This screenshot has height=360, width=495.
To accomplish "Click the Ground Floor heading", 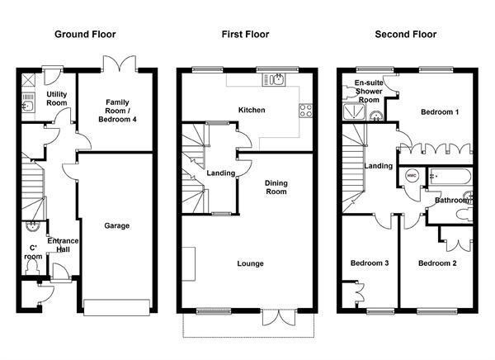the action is point(85,34).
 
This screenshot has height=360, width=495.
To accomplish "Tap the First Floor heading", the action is point(245,34).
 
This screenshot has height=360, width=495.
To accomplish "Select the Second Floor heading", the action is point(406,34).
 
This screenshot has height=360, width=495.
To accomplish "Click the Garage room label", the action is point(117,225).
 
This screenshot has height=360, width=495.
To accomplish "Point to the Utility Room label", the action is point(57,98).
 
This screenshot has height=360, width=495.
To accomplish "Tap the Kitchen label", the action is point(252,110).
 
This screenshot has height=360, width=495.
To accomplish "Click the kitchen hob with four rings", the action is point(305,111).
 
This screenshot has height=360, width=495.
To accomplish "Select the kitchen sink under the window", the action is point(274,79).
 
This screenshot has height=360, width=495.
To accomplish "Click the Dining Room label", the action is point(276,187).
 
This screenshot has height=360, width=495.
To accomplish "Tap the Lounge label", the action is point(250,263).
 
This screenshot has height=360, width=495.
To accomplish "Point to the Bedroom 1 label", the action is point(440,112).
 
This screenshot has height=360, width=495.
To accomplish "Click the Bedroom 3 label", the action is point(370,263).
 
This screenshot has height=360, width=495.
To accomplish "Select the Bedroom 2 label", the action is point(437,263).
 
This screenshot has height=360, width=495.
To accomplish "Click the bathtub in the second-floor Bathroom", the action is point(450,177).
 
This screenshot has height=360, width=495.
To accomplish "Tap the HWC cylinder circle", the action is point(412,176).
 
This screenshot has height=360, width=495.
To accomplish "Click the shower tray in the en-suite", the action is point(354,112).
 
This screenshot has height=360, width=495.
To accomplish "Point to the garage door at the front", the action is point(116,307).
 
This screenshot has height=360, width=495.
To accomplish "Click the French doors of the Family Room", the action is point(120,64).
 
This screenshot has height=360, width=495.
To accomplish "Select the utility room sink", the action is point(27,107).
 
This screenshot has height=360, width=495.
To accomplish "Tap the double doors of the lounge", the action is point(279,317).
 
